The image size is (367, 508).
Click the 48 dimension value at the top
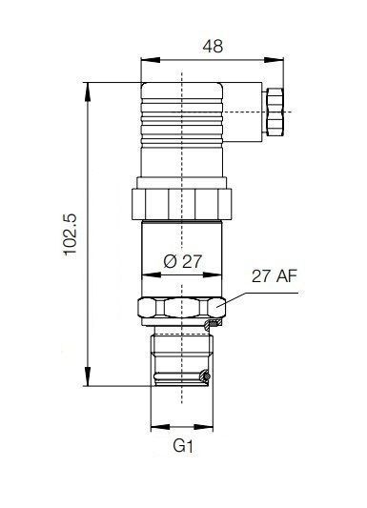coord(213,46)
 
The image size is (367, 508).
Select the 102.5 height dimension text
coord(71,234)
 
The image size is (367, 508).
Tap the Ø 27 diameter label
coord(183,261)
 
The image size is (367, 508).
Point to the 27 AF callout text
coord(274,276)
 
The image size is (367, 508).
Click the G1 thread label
coord(183,446)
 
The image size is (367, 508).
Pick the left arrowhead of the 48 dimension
coord(151,60)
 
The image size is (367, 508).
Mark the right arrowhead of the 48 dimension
coord(274,60)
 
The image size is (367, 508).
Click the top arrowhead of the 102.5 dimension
coord(88,92)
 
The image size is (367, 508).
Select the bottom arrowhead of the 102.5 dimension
coord(88,376)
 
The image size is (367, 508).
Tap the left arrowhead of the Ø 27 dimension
coord(152,275)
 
